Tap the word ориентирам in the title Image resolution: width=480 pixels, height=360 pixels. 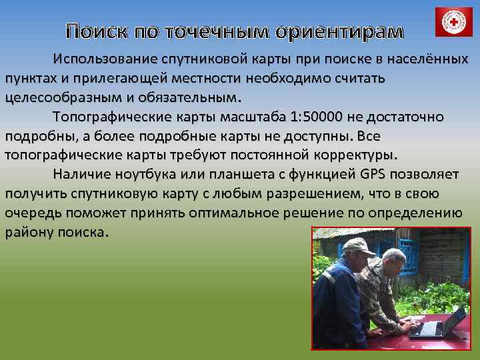click(349, 32)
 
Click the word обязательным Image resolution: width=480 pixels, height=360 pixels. click(182, 97)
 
